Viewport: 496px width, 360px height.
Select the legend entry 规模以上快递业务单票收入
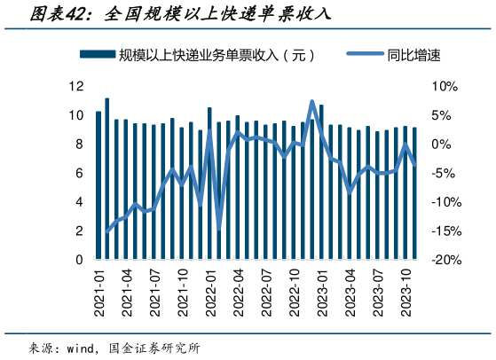pos(217,55)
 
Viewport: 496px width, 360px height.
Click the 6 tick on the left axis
pos(80,173)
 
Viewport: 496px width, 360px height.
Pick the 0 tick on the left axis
pos(80,260)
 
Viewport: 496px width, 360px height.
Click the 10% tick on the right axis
pos(443,86)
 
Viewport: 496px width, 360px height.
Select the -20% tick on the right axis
pos(443,260)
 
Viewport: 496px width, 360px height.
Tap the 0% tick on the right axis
pos(443,144)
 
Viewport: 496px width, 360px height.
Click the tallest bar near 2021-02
pos(107,177)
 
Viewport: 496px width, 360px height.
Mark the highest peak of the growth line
pos(311,102)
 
